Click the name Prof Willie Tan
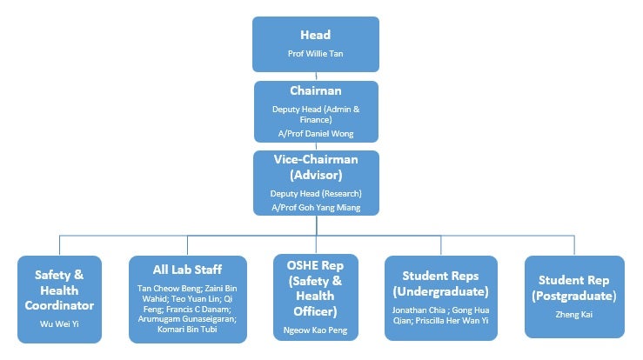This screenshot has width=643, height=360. pyautogui.click(x=316, y=54)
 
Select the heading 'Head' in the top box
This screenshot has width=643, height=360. pyautogui.click(x=316, y=36)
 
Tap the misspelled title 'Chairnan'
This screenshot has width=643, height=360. pyautogui.click(x=316, y=91)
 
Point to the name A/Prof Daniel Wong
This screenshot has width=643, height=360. pyautogui.click(x=316, y=133)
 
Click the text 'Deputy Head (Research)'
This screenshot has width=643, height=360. pyautogui.click(x=316, y=193)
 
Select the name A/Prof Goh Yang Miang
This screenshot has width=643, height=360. pyautogui.click(x=316, y=207)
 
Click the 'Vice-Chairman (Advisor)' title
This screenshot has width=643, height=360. pyautogui.click(x=316, y=167)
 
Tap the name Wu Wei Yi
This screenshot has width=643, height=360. pyautogui.click(x=59, y=323)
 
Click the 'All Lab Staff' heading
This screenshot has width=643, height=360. pyautogui.click(x=187, y=270)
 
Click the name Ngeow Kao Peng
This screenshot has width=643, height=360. pyautogui.click(x=316, y=330)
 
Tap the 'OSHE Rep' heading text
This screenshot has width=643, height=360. pyautogui.click(x=316, y=263)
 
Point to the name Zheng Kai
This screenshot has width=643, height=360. pyautogui.click(x=573, y=314)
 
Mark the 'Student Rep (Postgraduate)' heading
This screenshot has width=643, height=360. pyautogui.click(x=573, y=288)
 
